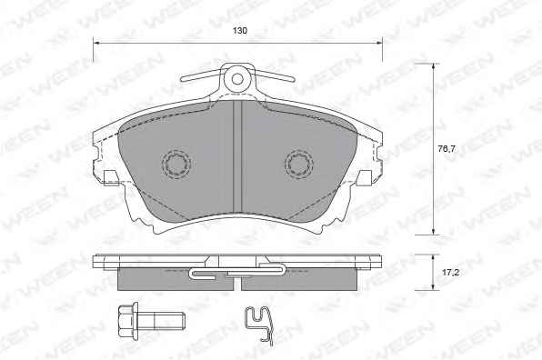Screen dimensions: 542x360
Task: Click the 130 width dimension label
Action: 239,31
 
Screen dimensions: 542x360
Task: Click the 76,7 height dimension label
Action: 447,149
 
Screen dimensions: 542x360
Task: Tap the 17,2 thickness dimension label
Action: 450,273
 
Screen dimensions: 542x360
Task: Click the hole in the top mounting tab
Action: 237,79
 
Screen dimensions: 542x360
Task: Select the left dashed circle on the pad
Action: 176,164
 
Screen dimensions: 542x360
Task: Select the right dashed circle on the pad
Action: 299,164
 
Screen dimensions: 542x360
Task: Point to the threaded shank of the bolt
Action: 162,321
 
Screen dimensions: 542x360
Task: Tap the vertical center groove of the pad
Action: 237,156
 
